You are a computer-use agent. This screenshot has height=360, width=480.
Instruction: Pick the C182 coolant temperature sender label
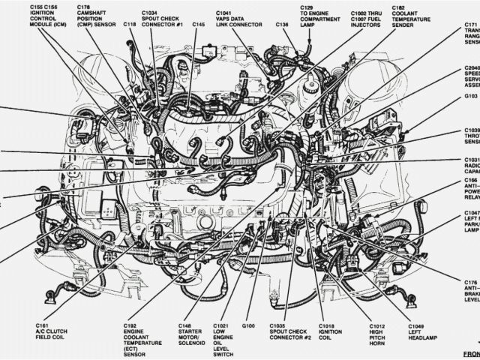point(426,13)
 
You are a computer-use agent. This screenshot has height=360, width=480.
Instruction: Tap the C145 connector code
point(197,25)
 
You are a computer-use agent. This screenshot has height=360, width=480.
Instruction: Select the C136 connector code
point(282,25)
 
